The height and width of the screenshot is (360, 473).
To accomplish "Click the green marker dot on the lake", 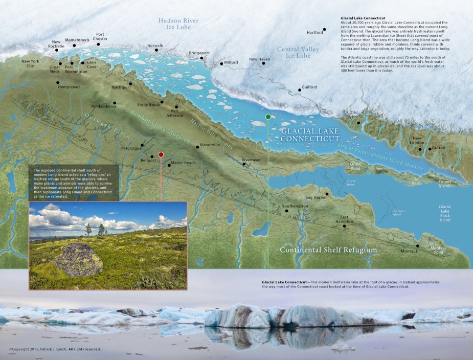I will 268,117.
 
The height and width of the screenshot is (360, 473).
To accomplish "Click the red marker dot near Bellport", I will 161,154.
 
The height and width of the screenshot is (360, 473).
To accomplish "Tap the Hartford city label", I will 314,32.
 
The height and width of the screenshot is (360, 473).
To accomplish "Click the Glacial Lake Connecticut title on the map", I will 310,134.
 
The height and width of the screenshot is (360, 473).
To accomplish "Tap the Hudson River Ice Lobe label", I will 178,24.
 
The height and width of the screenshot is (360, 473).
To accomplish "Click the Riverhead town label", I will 251,159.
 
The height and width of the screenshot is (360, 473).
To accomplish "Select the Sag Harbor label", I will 316,197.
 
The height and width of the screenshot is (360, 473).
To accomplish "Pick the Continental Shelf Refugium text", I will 328,250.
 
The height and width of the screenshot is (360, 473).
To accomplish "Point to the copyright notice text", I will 54,349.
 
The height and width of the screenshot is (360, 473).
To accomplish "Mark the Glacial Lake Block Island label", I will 445,213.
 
